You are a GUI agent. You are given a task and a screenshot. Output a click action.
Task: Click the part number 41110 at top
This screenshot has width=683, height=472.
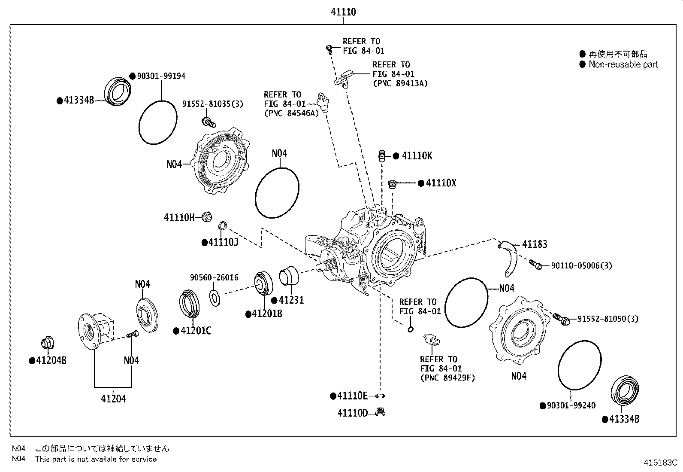tap(343, 12)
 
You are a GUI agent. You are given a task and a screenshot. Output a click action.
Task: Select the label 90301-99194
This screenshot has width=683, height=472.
tap(161, 76)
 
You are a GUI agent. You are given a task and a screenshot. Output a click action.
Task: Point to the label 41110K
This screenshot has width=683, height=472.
tap(417, 156)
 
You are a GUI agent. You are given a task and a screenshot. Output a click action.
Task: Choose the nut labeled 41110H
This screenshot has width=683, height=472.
tap(207, 216)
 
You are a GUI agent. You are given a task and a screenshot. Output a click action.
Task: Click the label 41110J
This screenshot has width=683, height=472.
tap(223, 243)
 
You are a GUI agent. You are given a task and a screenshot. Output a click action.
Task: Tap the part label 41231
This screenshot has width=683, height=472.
tap(291, 300)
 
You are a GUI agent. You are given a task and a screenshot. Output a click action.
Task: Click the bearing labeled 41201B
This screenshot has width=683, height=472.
tap(263, 283)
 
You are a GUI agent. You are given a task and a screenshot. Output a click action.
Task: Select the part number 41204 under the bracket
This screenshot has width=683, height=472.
tap(113, 399)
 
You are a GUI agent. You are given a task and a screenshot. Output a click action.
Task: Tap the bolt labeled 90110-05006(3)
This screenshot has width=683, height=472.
tap(535, 264)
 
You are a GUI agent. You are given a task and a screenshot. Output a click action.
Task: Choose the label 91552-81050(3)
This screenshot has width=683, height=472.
tap(607, 319)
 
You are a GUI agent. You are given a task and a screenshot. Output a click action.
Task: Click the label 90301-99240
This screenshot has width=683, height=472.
tap(571, 405)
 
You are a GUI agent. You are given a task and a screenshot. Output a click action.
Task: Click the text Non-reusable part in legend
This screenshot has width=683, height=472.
tap(623, 64)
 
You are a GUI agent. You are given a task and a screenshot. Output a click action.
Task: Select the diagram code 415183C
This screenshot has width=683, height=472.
tap(660, 463)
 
